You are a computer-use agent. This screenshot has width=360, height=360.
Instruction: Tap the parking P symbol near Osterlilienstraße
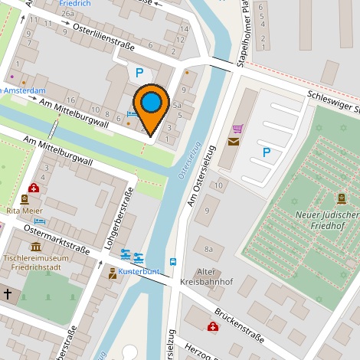pos(139,74)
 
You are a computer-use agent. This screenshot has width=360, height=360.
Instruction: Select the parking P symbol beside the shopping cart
pos(266,152)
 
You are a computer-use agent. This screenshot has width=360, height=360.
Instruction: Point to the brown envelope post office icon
pos(232,141)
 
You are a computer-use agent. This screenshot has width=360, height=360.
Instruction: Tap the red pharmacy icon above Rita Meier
pos(34,188)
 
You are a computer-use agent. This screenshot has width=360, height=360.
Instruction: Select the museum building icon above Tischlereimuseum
pos(36,246)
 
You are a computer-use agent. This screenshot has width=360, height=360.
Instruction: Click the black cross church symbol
pos(8,293)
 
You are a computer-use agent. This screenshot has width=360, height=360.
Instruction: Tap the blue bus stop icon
pos(173,261)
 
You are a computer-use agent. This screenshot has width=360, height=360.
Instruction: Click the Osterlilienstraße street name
pos(103,37)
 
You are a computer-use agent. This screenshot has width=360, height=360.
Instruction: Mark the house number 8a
pos(208,248)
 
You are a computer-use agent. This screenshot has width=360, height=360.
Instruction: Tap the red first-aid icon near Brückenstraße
pos(212,327)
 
